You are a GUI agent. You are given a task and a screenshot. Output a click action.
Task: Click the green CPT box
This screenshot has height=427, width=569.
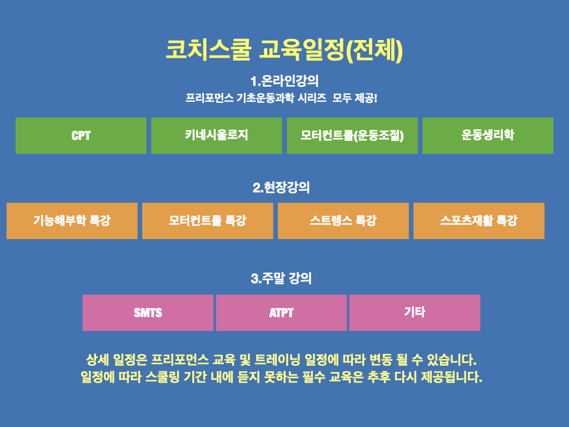tap(81, 136)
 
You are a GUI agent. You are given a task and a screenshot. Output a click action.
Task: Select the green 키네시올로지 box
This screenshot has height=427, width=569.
tap(217, 136)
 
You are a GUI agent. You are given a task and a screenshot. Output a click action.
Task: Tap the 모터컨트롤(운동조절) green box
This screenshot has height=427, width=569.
tap(352, 136)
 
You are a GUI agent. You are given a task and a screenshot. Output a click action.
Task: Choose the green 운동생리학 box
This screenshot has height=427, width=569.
tap(488, 136)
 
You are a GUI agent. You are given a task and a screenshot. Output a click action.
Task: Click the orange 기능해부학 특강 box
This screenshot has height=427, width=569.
tap(72, 221)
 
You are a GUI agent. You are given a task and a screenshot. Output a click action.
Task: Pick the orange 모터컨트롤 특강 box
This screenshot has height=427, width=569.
tap(208, 221)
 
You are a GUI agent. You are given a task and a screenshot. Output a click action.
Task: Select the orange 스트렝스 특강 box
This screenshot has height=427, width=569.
tap(343, 221)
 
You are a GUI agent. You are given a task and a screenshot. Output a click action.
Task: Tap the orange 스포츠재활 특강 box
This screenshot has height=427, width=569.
tap(479, 221)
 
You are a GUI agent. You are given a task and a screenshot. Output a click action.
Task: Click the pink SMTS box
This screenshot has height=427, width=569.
tap(148, 312)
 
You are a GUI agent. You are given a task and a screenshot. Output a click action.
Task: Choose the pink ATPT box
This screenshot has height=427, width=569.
tap(281, 312)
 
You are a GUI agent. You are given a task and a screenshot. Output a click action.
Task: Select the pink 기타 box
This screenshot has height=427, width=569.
tap(415, 312)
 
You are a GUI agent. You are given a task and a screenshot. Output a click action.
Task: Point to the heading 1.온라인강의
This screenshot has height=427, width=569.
tap(284, 81)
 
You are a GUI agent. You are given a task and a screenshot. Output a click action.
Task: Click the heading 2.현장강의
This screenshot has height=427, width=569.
tap(281, 188)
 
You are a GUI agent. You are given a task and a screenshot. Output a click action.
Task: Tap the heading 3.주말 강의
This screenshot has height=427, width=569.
tap(281, 279)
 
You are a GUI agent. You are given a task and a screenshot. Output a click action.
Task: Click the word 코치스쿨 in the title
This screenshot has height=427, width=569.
tap(208, 49)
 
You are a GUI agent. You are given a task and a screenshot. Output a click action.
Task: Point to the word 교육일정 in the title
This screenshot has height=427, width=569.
tap(302, 49)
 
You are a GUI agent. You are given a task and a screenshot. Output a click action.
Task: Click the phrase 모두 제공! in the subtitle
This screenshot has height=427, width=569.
tap(355, 98)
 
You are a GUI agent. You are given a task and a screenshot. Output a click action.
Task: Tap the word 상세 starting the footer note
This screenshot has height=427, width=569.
tap(97, 360)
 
